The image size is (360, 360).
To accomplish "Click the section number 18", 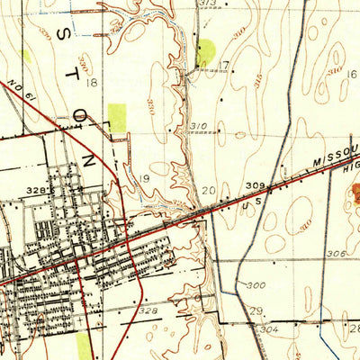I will pos(92,83).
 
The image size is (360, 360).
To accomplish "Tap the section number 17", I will pos(224,64).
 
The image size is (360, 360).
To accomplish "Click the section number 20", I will pos(209,190).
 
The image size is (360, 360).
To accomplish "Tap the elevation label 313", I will pos(209,4).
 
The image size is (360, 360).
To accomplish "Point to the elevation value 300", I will pos(256,284).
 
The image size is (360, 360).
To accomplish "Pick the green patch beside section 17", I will pos(205,51).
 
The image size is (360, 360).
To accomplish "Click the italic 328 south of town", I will pos(148,310).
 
